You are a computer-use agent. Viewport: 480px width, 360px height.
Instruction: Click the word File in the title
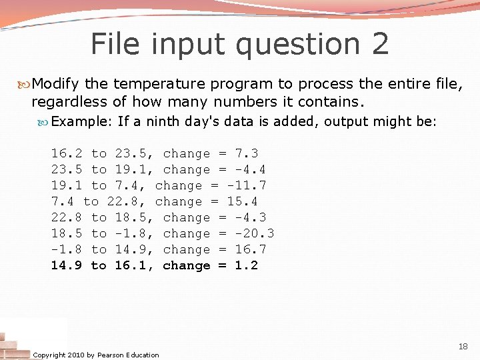point(115,44)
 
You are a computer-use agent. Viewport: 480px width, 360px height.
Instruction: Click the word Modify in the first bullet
point(56,84)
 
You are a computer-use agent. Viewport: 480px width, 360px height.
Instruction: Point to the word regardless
point(69,102)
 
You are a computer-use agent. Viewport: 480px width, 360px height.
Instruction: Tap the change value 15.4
point(243,202)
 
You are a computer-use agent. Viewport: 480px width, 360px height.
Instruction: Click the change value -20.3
point(255,234)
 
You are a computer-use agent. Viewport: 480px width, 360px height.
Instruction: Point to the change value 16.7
point(251,250)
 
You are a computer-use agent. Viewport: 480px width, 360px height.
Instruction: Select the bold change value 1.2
point(247,266)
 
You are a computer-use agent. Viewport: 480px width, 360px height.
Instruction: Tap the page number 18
point(463,347)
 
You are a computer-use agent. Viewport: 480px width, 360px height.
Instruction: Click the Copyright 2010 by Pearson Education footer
point(96,355)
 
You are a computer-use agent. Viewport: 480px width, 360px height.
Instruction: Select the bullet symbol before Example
point(44,122)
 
